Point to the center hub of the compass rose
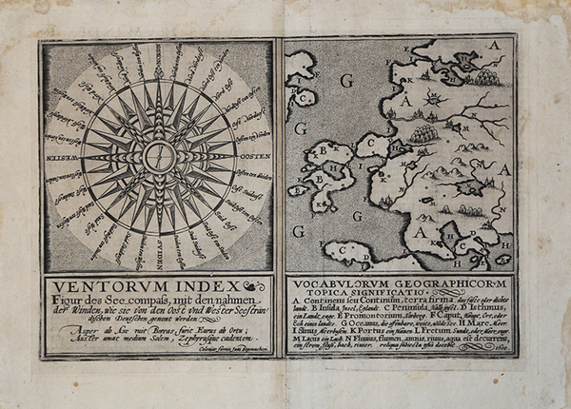pyautogui.click(x=158, y=156)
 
